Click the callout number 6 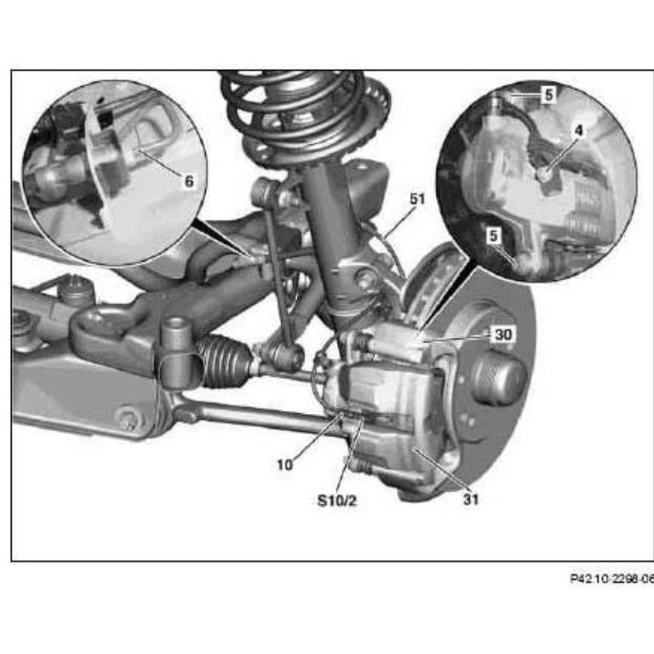tap(189, 182)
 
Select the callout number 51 tap(418, 199)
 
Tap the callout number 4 tap(577, 131)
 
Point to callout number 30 tap(504, 334)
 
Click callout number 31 tap(471, 499)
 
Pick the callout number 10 tap(285, 464)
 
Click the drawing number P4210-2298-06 tap(611, 579)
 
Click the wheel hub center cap tap(498, 378)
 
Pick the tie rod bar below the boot tap(256, 416)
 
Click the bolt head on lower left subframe tap(127, 419)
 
